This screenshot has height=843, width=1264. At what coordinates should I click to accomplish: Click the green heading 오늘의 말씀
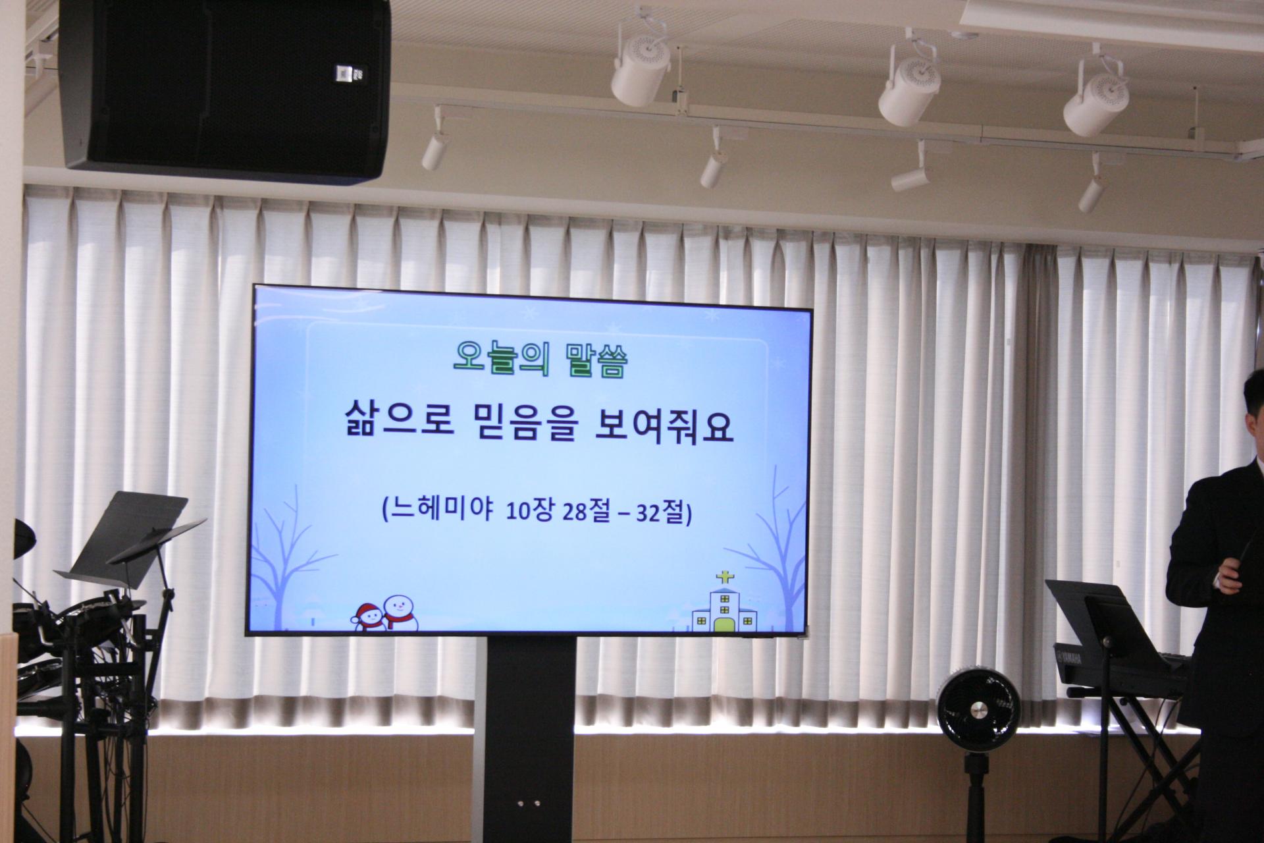tap(540, 359)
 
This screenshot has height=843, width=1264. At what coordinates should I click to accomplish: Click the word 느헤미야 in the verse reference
tap(438, 512)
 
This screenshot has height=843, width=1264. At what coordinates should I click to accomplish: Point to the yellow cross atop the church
tap(724, 578)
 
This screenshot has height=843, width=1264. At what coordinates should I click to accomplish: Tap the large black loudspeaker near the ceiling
tap(223, 89)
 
